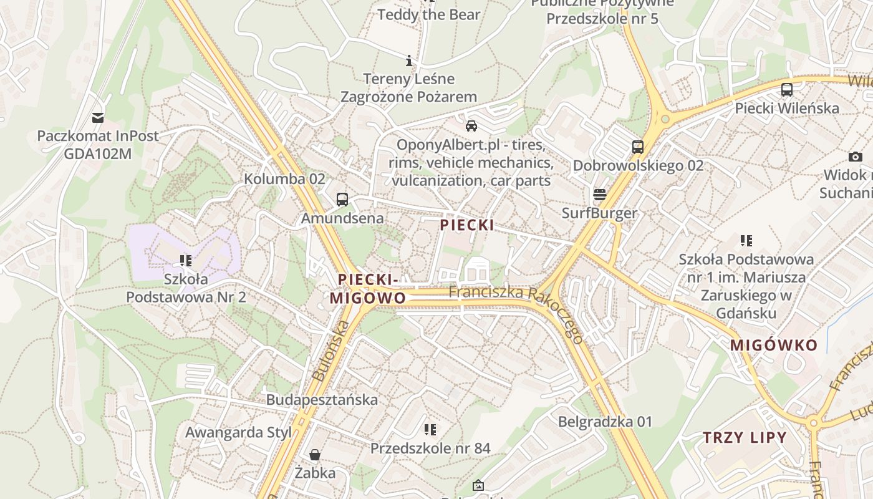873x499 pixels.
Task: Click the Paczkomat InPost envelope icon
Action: click(x=98, y=117)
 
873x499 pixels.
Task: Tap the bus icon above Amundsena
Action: click(x=342, y=200)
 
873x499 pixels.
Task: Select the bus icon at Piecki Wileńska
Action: click(x=787, y=89)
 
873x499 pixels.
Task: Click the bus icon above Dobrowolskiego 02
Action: click(x=637, y=147)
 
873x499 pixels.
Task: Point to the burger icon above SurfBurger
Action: click(x=600, y=195)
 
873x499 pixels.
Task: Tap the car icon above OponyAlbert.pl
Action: click(x=471, y=126)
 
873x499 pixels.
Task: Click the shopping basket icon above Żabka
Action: click(x=316, y=454)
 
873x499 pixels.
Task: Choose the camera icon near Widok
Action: click(x=856, y=157)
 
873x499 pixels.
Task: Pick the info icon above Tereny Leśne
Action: click(x=409, y=61)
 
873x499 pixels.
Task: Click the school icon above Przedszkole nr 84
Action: click(x=430, y=429)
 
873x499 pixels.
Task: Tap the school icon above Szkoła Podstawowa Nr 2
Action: click(x=185, y=260)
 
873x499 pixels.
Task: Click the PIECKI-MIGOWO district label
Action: click(x=367, y=289)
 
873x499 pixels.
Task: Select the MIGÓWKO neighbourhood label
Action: click(x=773, y=346)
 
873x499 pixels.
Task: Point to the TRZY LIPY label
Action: click(x=745, y=438)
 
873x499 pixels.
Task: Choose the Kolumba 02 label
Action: click(x=284, y=179)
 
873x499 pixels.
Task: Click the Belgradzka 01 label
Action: click(x=605, y=422)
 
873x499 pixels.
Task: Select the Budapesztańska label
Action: click(x=322, y=400)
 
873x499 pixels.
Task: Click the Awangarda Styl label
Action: click(x=238, y=432)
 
